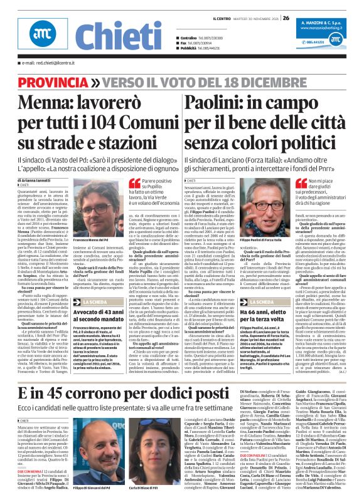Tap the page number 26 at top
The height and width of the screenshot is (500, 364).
286,8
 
